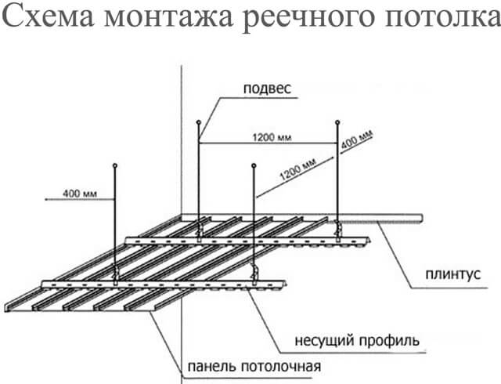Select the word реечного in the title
(308, 19)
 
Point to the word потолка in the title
(442, 18)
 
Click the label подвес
(268, 89)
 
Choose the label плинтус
(453, 274)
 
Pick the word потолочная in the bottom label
(281, 367)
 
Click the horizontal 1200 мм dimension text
(272, 138)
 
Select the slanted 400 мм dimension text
(357, 139)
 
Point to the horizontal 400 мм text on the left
(80, 194)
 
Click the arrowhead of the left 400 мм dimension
(47, 199)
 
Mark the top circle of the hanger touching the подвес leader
(198, 122)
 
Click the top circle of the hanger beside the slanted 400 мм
(337, 122)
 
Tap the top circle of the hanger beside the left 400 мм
(115, 165)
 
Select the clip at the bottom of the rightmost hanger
(338, 229)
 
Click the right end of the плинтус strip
(423, 218)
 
